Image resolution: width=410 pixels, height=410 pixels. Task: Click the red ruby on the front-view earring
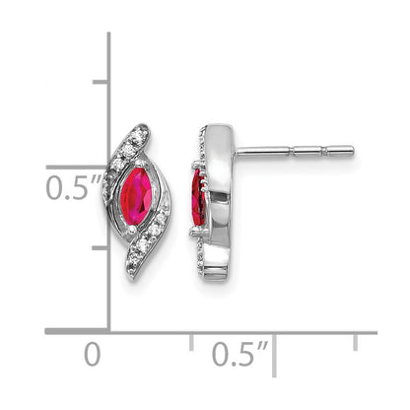tap(136, 194)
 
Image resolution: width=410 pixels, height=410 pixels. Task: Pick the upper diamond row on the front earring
tap(120, 153)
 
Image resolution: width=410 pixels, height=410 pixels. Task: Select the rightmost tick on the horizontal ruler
tap(356, 341)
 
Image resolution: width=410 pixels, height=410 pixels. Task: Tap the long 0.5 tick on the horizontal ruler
tap(274, 346)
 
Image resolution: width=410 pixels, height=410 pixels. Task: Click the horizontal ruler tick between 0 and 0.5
tap(191, 341)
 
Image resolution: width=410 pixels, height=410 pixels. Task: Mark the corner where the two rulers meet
tap(108, 332)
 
